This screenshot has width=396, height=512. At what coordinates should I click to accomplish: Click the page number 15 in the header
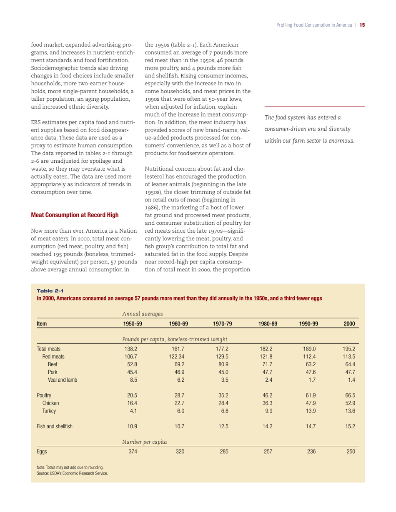[x=362, y=25]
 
